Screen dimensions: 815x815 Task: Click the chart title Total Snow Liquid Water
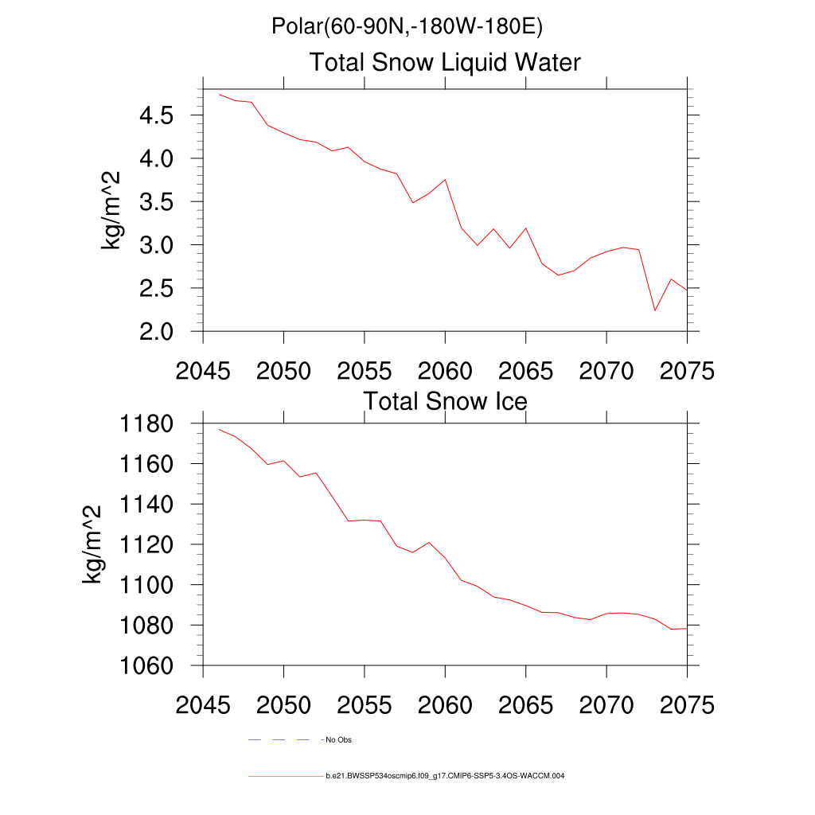click(x=445, y=62)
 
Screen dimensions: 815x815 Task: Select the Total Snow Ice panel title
click(x=445, y=401)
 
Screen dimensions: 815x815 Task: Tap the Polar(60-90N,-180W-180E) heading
click(x=407, y=27)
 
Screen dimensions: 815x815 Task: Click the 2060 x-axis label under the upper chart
click(x=445, y=371)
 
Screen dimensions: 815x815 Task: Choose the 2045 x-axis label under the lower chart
click(x=203, y=705)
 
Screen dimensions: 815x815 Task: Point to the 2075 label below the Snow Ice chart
click(x=686, y=705)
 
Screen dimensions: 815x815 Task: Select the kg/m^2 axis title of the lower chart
click(x=93, y=545)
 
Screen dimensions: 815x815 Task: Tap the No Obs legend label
click(x=338, y=740)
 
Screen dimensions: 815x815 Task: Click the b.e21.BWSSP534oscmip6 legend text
click(x=445, y=775)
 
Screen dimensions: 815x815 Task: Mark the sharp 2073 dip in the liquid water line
click(x=654, y=310)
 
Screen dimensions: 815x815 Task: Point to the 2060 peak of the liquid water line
click(x=445, y=180)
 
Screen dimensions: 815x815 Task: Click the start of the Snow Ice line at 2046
click(x=220, y=430)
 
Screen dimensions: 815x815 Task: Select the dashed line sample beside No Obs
click(x=279, y=740)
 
